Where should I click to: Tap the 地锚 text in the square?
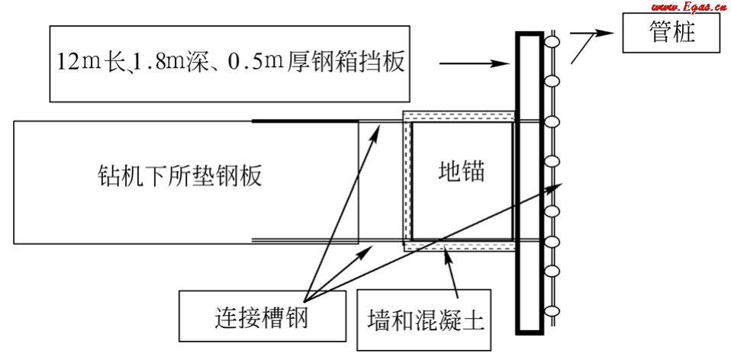462,172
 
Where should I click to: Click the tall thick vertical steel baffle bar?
527,183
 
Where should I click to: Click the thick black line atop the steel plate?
305,121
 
